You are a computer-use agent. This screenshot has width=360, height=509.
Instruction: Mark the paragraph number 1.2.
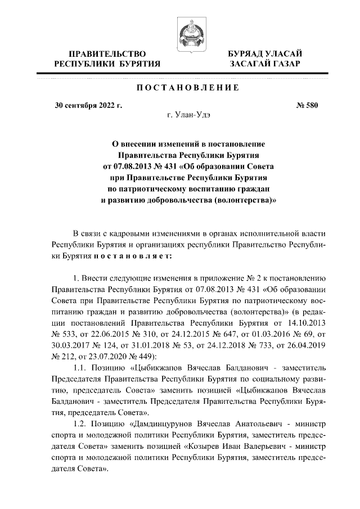coord(82,420)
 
